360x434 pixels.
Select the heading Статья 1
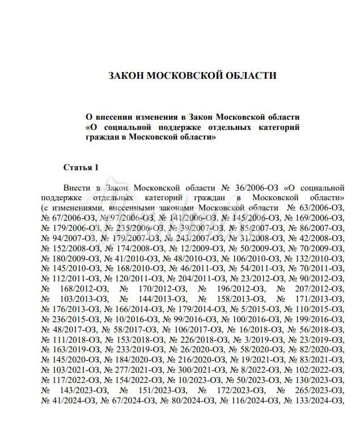point(81,167)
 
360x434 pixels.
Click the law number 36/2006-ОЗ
point(254,188)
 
